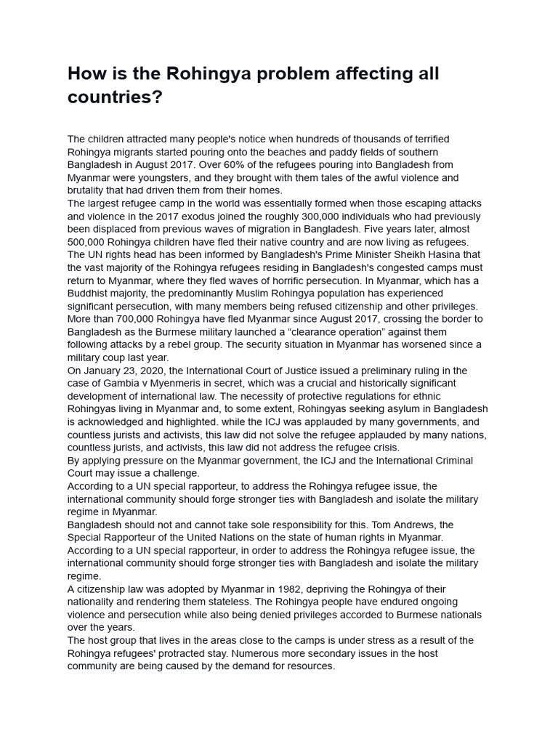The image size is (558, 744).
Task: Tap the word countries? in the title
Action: click(x=115, y=97)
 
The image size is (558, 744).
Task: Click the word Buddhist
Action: click(x=90, y=294)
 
